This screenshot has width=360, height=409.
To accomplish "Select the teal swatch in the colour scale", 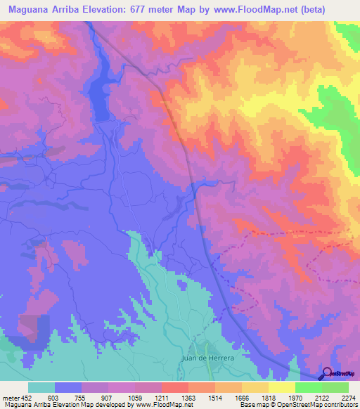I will (x=41, y=387).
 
